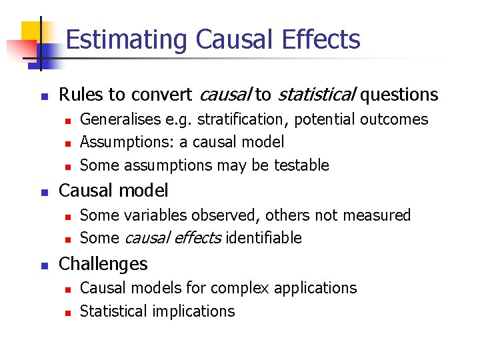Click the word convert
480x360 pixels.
click(158, 95)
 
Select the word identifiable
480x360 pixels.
click(264, 238)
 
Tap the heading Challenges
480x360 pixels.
click(103, 264)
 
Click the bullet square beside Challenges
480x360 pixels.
click(43, 265)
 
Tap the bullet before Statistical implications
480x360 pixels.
click(66, 311)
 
